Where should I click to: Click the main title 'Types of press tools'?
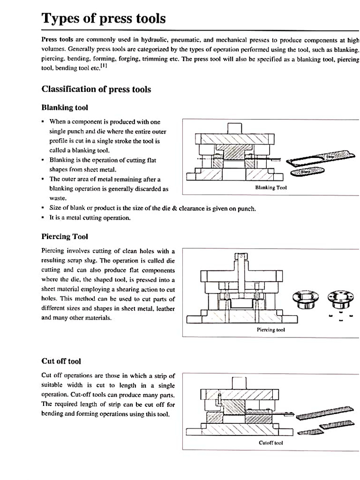tap(104, 18)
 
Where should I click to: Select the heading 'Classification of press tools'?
tap(96, 89)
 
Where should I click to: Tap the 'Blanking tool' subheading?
tap(65, 108)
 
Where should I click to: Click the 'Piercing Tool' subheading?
tap(65, 237)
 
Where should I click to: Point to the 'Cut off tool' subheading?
tap(61, 361)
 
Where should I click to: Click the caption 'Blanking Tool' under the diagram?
tap(270, 187)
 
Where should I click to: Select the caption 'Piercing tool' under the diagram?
tap(271, 330)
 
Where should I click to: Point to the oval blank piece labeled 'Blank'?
tap(307, 172)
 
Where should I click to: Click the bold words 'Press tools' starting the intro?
tap(56, 39)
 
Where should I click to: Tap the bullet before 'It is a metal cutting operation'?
tap(43, 218)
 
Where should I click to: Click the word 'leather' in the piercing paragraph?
tap(165, 308)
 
